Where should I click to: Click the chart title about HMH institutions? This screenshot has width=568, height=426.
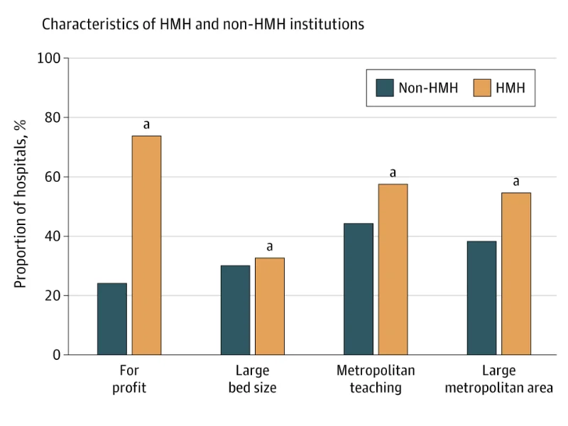pos(203,24)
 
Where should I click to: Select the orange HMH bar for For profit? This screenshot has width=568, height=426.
pos(146,245)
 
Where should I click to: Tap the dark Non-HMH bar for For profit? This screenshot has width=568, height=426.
pos(112,319)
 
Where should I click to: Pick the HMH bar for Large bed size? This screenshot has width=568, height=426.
pos(270,306)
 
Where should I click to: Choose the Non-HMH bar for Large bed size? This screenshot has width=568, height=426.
pos(235,310)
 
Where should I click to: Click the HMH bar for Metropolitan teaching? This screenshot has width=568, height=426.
pos(393,269)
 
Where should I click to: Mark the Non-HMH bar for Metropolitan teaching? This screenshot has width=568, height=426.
pos(359,289)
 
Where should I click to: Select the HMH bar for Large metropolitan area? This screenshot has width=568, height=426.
pos(516,273)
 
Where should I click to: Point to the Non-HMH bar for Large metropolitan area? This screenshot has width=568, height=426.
pos(482,297)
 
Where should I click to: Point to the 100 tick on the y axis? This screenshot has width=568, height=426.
pos(53,58)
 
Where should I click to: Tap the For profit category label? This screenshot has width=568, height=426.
pos(129,379)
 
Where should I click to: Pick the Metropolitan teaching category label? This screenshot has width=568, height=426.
pos(376,379)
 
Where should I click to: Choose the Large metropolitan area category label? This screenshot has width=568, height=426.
pos(499,379)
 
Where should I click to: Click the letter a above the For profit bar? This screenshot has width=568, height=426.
pos(146,125)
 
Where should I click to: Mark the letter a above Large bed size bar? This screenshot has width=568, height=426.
pos(270,247)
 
